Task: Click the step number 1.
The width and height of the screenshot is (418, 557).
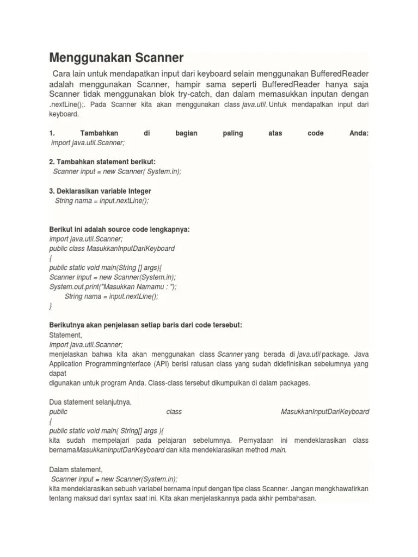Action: tap(51, 133)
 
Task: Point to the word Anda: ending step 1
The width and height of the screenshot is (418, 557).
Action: tap(358, 133)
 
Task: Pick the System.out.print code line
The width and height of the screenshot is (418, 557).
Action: tap(113, 287)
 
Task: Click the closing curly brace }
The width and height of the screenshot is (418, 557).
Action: tap(51, 306)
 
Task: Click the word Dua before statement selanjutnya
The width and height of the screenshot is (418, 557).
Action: tap(56, 402)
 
